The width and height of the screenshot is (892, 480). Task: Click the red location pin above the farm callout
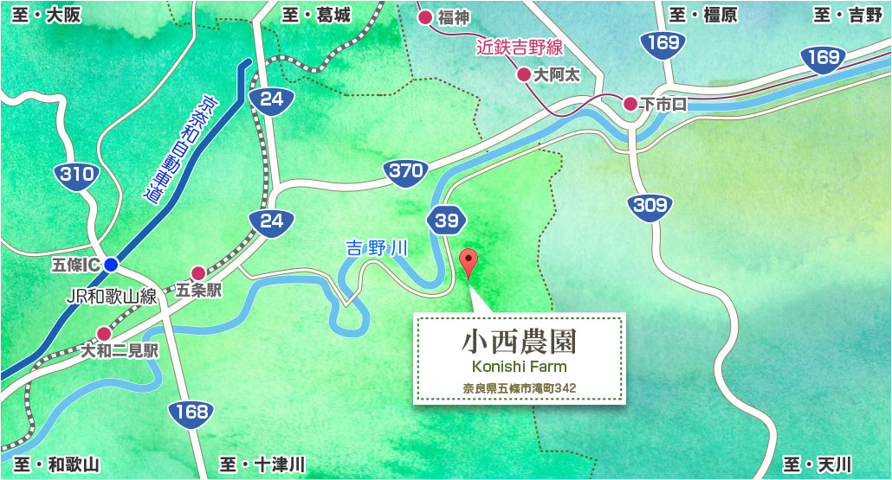click(469, 261)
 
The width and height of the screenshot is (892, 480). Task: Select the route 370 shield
click(405, 171)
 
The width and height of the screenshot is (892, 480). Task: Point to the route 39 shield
click(446, 221)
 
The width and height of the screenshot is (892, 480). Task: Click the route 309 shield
click(650, 205)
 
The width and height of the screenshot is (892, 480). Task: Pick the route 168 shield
click(190, 412)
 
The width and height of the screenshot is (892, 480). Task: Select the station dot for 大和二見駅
click(104, 333)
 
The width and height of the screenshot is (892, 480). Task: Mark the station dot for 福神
click(425, 16)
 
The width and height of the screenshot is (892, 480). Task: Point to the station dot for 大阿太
click(524, 74)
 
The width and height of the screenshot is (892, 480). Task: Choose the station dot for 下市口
click(630, 104)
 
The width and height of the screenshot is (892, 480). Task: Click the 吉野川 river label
click(377, 249)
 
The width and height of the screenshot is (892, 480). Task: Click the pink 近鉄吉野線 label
click(520, 47)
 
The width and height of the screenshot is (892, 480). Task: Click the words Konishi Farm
click(519, 367)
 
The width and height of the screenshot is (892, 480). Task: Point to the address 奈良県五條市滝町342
click(519, 388)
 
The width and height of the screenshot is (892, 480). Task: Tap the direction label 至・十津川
click(263, 464)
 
